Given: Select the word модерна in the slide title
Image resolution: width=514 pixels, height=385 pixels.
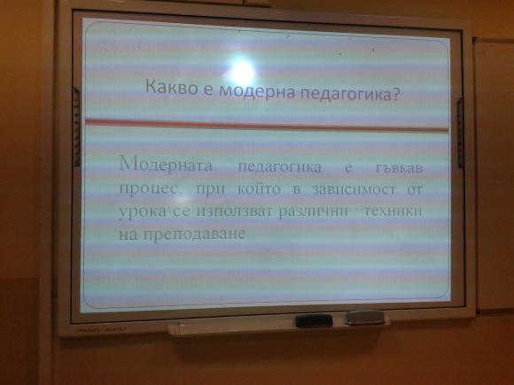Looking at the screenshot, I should pos(244,89).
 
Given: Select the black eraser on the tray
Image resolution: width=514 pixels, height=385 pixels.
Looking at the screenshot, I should pos(313,320).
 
